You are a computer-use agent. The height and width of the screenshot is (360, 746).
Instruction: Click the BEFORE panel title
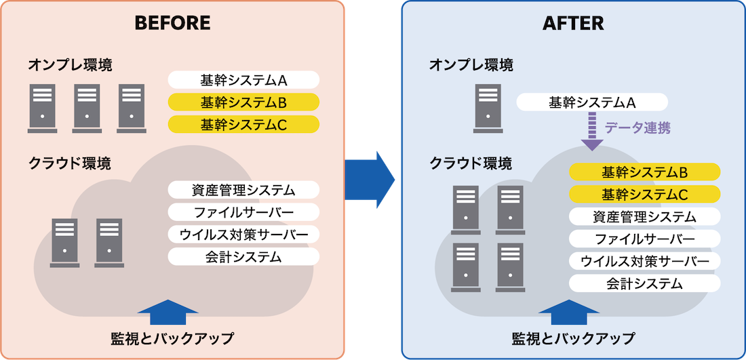[172, 23]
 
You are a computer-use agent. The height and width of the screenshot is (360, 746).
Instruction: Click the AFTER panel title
[573, 23]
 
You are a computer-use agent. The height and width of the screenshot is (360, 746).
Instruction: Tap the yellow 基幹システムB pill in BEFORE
[243, 103]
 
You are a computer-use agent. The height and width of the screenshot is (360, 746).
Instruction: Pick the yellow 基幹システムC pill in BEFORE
[243, 125]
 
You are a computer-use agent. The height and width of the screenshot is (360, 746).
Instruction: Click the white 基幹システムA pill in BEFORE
[243, 81]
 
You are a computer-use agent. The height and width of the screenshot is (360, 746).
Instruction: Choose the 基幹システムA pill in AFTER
[592, 103]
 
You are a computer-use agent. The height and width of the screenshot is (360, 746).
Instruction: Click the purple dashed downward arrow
[592, 132]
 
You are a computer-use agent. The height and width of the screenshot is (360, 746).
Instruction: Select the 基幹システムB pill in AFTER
[644, 172]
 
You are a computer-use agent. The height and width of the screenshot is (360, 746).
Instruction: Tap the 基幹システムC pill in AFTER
[644, 195]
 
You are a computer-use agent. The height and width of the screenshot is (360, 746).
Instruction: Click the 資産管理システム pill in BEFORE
[243, 190]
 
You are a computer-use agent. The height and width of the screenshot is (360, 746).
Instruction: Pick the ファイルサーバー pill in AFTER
[644, 239]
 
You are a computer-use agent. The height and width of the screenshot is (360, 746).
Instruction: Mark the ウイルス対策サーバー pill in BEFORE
[243, 235]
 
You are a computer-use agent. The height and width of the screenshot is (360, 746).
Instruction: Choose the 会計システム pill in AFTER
[644, 283]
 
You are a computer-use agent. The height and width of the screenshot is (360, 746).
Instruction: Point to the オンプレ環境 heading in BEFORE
[70, 66]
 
